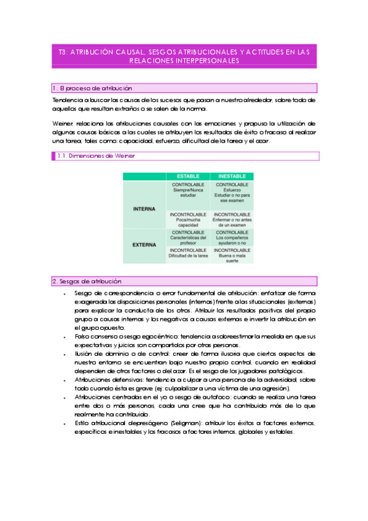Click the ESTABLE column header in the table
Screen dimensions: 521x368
187,176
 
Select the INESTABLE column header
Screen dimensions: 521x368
232,176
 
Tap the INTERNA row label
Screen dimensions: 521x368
144,209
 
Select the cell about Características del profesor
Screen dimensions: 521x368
187,238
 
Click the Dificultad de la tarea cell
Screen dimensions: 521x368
187,256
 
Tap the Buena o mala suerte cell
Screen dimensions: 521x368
232,256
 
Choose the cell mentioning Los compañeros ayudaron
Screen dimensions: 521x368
232,238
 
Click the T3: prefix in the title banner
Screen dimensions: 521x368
62,53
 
